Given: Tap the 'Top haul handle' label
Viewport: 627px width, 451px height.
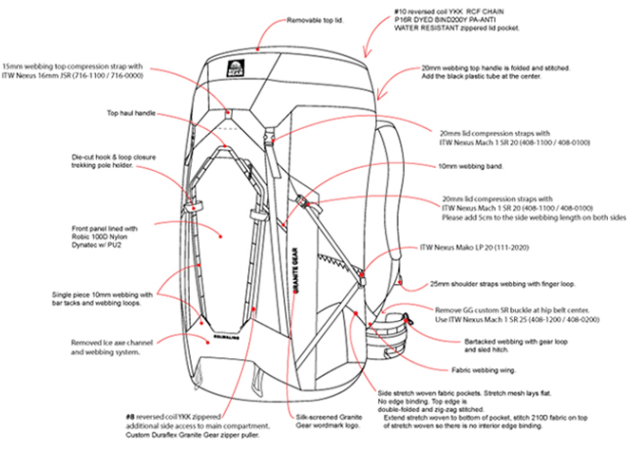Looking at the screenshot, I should tap(130, 112).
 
